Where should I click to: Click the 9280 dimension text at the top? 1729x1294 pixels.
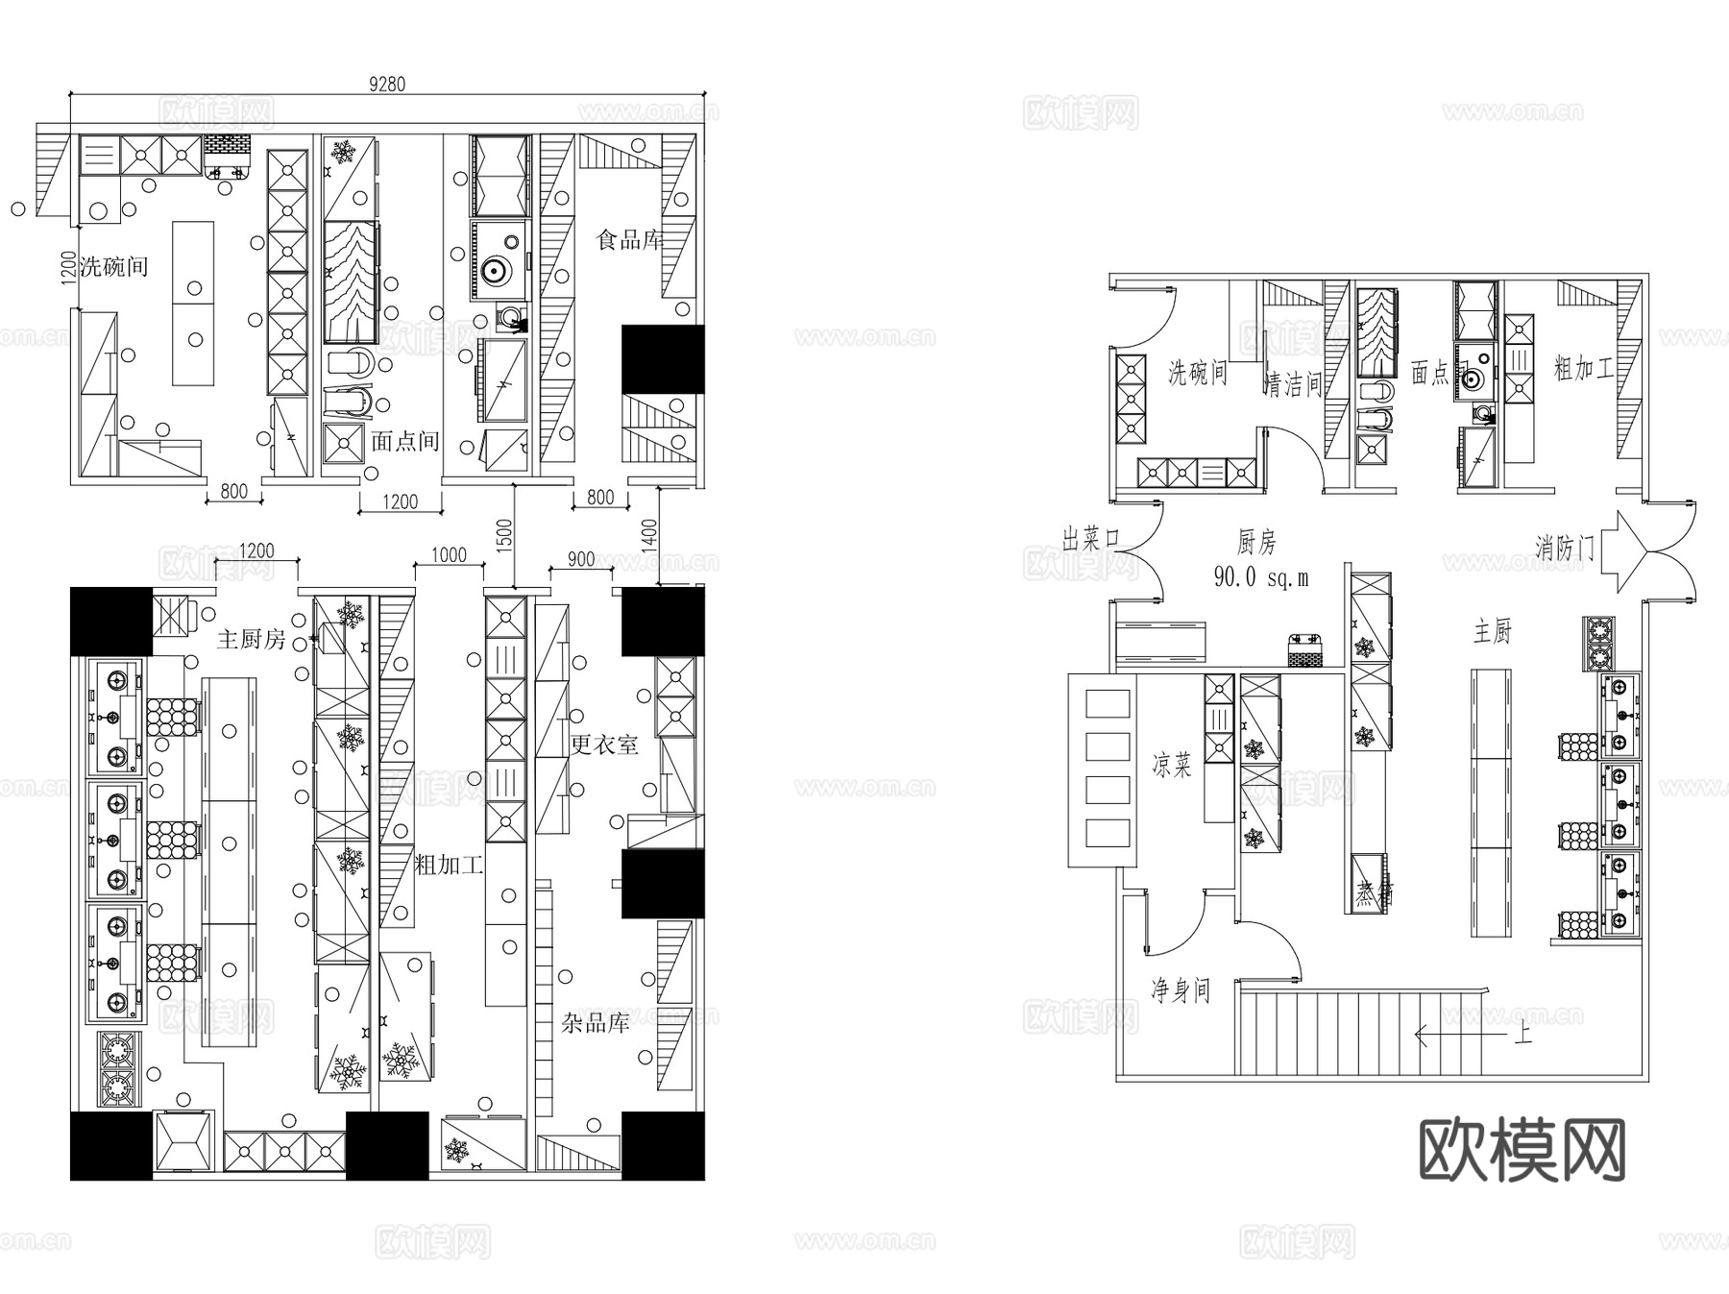pos(387,85)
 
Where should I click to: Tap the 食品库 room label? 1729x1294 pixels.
pos(630,239)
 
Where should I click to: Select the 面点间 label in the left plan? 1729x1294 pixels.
pos(404,441)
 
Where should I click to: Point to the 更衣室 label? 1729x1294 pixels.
pos(604,744)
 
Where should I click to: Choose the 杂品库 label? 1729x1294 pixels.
pos(595,1023)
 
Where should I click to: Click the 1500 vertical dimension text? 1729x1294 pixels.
pos(505,534)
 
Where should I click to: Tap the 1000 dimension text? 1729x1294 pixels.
pos(449,555)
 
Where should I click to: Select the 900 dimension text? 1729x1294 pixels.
pos(581,559)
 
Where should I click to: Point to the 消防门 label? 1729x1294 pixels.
pos(1565,548)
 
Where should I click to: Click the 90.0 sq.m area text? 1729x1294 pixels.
pos(1260,577)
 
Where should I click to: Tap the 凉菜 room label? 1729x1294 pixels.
pos(1172,765)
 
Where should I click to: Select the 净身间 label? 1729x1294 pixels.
pos(1181,989)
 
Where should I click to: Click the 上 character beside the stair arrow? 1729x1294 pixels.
pos(1522,1036)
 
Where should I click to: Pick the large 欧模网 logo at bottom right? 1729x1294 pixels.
pos(1522,1150)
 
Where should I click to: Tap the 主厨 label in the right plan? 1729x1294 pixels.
pos(1493,631)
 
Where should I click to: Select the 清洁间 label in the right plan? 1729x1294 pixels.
pos(1293,384)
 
